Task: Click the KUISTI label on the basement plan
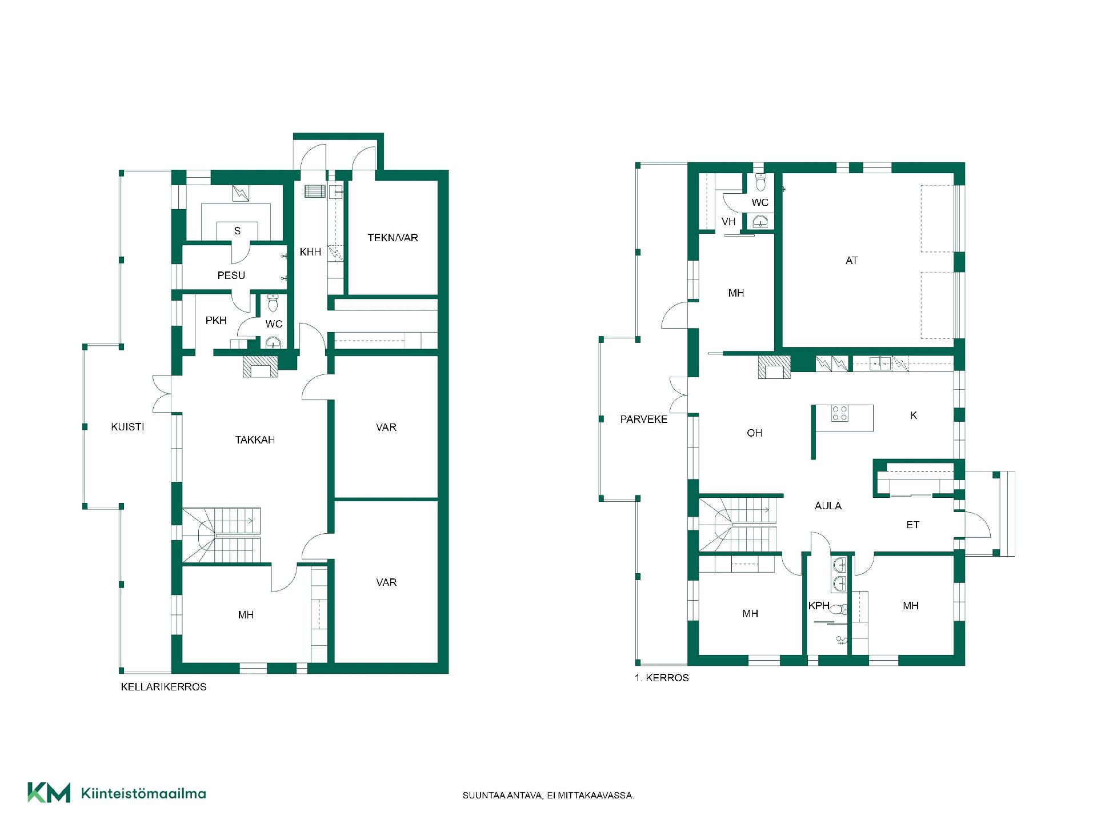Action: click(x=127, y=427)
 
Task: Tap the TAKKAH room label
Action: click(x=255, y=440)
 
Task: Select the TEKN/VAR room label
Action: click(x=393, y=238)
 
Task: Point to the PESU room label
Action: click(x=231, y=275)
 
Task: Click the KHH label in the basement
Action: click(x=310, y=252)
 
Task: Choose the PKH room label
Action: click(x=216, y=321)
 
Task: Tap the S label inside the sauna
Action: click(x=237, y=231)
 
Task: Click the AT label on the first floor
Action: click(x=851, y=261)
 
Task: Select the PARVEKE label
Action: click(x=644, y=420)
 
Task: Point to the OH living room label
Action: click(x=754, y=433)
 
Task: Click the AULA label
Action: click(x=828, y=506)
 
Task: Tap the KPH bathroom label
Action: click(x=819, y=606)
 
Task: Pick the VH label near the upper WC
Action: click(x=728, y=222)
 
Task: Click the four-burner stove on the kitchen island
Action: click(x=840, y=413)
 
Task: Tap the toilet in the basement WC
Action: click(x=273, y=300)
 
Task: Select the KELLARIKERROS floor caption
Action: click(x=163, y=687)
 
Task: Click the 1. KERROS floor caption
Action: click(x=662, y=678)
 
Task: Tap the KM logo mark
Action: click(x=49, y=793)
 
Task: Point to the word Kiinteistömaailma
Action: click(x=144, y=793)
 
